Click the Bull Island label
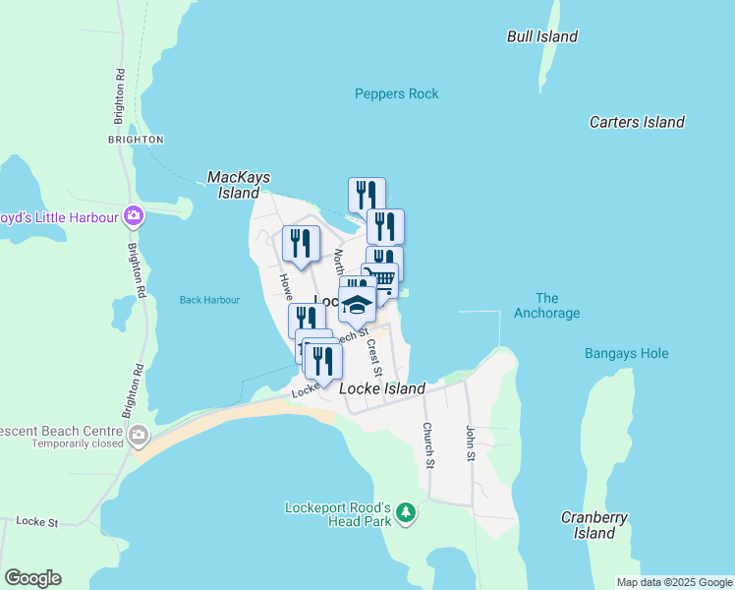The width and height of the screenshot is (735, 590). coord(542,36)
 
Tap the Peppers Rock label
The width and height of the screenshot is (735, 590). coord(396,93)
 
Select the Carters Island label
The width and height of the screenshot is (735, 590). coord(637,122)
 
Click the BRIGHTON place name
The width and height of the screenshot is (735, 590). coord(136,140)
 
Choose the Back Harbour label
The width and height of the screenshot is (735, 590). coord(209,300)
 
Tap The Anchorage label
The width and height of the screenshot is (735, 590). coord(547,306)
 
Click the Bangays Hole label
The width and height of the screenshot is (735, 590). coord(626,353)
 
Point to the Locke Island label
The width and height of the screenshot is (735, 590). coord(382,388)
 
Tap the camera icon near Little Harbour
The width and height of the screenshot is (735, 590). coord(133,216)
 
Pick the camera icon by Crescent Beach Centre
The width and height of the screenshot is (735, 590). coord(139,434)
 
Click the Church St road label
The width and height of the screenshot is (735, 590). coord(427,444)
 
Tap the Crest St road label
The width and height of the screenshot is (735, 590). coord(372,357)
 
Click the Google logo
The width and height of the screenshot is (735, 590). coord(32,578)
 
